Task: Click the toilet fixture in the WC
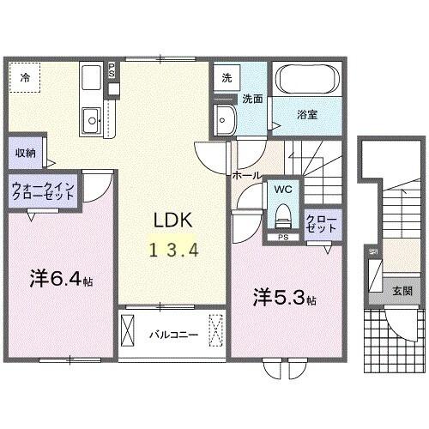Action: click(x=282, y=214)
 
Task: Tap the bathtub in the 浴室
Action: click(x=307, y=84)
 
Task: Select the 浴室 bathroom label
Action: click(x=306, y=112)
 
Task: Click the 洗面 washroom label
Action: click(x=251, y=98)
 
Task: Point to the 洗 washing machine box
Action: click(x=226, y=76)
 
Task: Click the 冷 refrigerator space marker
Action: click(x=25, y=77)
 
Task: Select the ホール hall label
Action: click(x=245, y=174)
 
